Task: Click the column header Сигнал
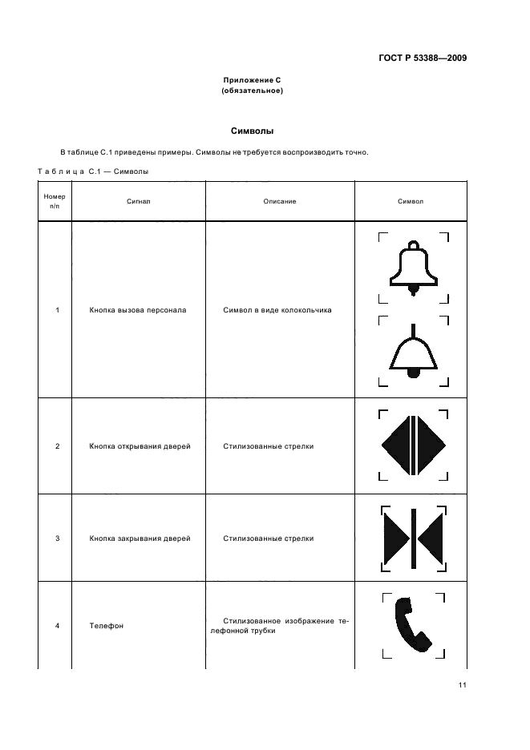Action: (138, 201)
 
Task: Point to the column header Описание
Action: (280, 201)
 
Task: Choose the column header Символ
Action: (411, 201)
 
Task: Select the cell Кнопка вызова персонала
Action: (138, 310)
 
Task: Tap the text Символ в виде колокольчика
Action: (277, 310)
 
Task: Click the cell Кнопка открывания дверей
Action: (140, 446)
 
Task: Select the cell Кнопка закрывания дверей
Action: (140, 538)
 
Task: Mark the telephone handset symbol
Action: (412, 625)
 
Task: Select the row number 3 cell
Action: (57, 538)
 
